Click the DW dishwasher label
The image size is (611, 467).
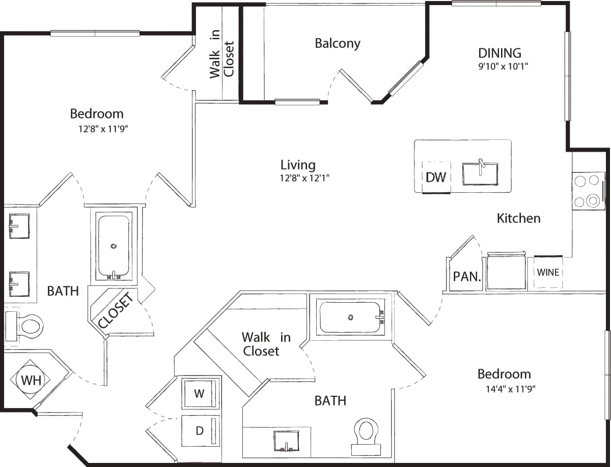[436, 177]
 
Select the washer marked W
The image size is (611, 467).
[200, 393]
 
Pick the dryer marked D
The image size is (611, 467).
[200, 430]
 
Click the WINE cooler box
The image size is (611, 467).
[548, 272]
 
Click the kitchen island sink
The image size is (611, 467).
[480, 174]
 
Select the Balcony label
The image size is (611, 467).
[337, 43]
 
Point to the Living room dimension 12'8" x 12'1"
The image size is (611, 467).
[301, 178]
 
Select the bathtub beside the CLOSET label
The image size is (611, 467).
[114, 248]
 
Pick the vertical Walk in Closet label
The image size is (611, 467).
[222, 59]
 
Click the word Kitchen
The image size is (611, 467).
[518, 218]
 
